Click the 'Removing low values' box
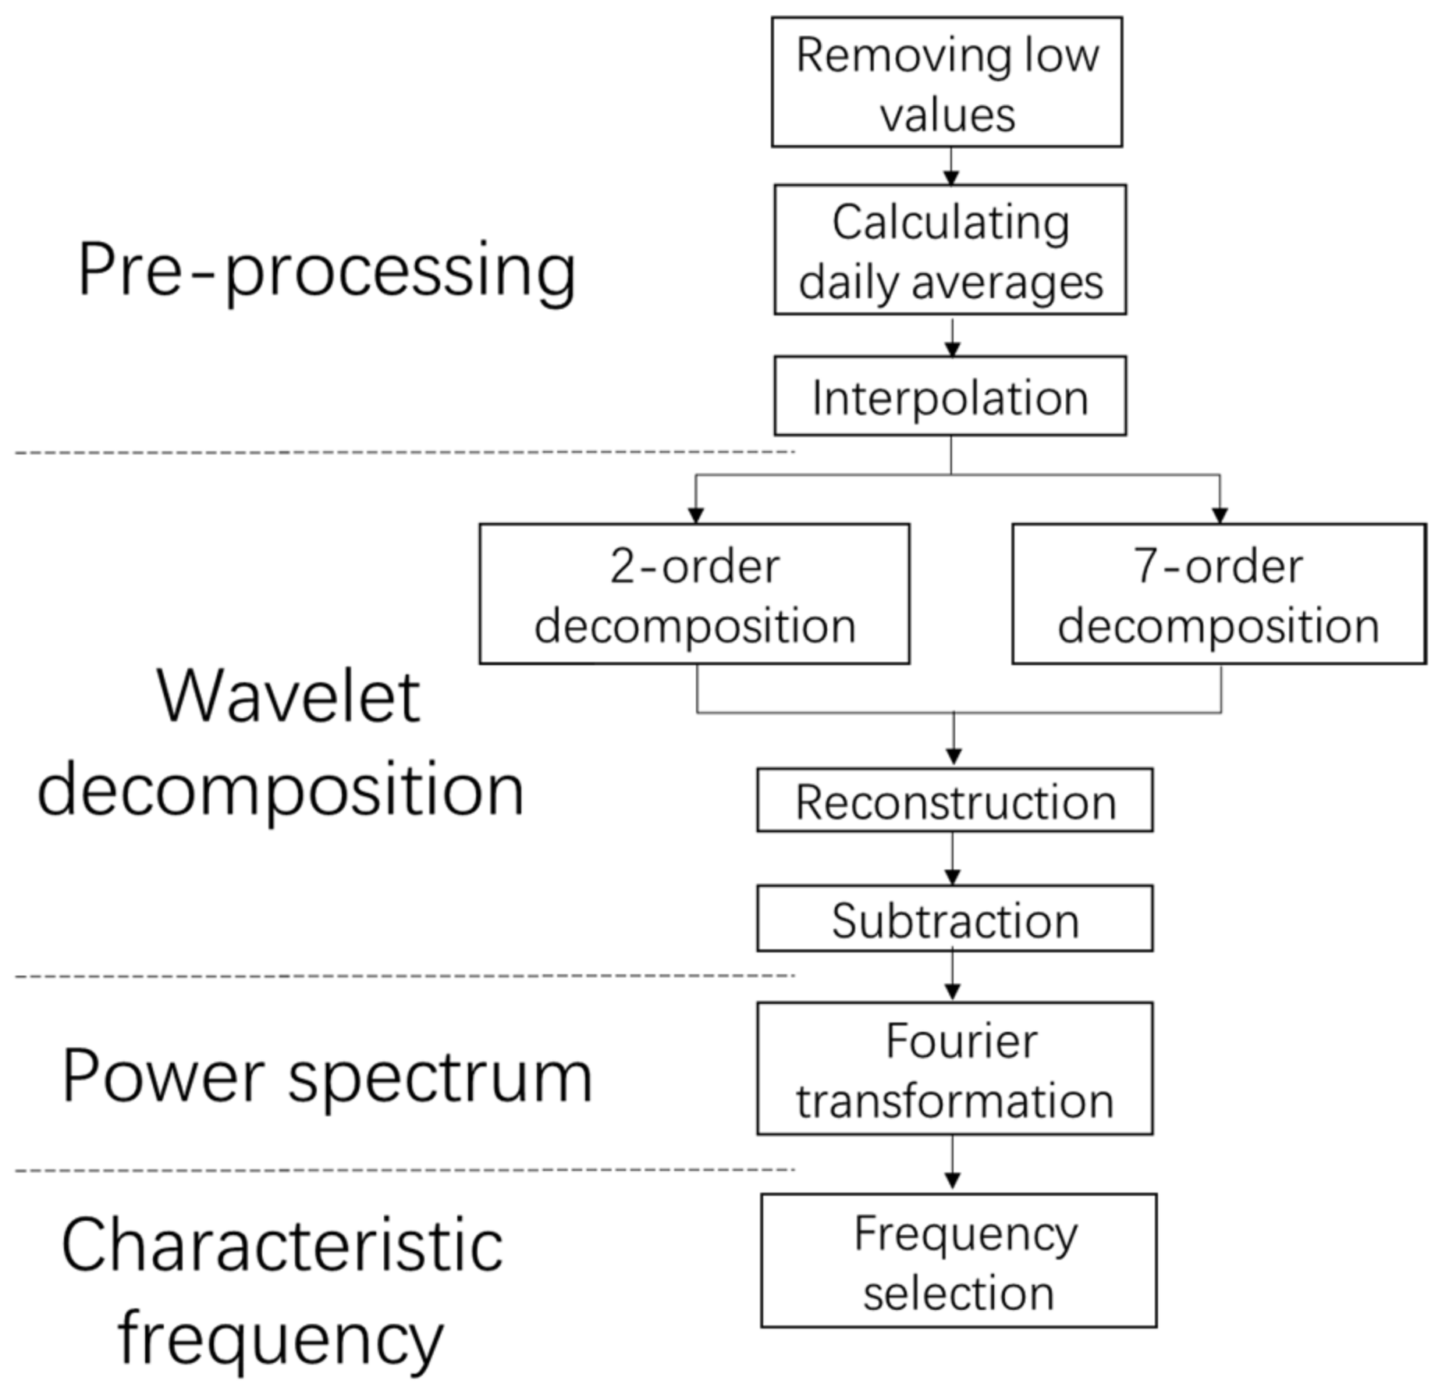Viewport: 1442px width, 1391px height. click(x=947, y=82)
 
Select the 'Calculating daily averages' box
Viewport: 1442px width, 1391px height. click(x=950, y=250)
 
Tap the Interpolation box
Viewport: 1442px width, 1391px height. click(x=950, y=397)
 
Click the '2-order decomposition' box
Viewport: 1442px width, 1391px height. click(x=694, y=594)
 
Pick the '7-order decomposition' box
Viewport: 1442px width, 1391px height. click(x=1219, y=594)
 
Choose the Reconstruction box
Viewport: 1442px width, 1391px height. click(x=954, y=801)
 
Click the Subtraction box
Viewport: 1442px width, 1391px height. click(x=954, y=919)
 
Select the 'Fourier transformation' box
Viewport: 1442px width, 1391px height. click(x=954, y=1069)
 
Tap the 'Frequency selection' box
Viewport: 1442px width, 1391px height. click(x=958, y=1261)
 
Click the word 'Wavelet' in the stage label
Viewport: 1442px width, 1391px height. click(x=289, y=696)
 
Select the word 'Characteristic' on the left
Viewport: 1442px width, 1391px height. click(x=282, y=1246)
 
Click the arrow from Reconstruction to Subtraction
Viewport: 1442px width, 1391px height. click(x=952, y=859)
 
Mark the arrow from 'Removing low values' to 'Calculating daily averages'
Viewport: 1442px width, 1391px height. click(x=950, y=166)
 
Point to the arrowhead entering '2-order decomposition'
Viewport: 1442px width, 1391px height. click(x=696, y=515)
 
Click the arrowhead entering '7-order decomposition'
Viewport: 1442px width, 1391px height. click(x=1220, y=515)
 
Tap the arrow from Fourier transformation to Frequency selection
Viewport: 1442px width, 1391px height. click(x=952, y=1163)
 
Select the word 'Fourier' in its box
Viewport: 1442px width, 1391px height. click(x=961, y=1041)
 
